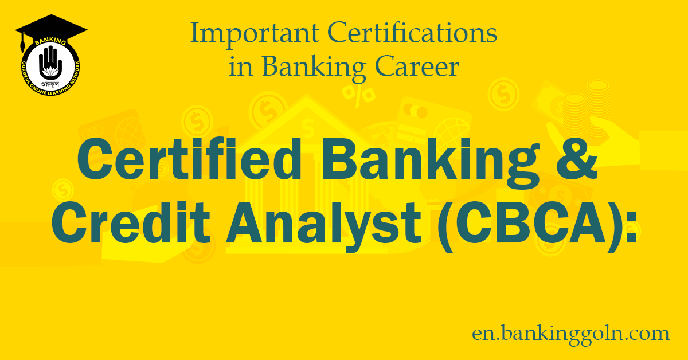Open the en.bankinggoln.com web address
click(570, 333)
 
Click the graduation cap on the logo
click(51, 28)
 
